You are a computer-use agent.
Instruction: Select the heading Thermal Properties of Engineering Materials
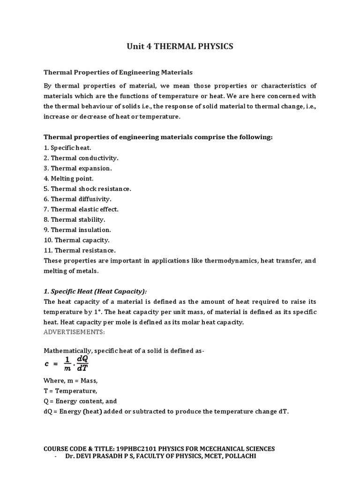pos(118,72)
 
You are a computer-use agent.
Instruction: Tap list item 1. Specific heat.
pos(67,148)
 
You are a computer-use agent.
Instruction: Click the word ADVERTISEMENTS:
pos(75,332)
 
